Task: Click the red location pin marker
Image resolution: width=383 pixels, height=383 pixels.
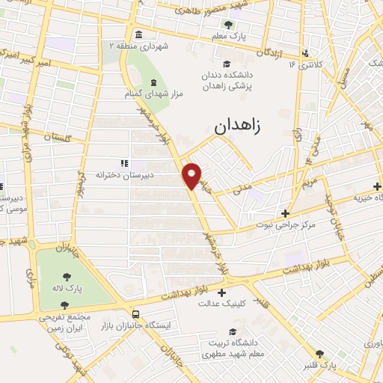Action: click(x=192, y=175)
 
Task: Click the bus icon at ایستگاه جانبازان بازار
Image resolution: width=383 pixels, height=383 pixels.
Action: click(x=135, y=314)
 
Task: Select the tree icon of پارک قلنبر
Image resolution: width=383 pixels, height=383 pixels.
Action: click(x=320, y=354)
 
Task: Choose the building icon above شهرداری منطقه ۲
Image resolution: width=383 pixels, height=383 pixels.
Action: click(x=138, y=35)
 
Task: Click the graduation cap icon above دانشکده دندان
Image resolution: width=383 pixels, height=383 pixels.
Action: click(x=226, y=64)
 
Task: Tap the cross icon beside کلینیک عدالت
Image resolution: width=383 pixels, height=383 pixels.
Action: click(x=221, y=292)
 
